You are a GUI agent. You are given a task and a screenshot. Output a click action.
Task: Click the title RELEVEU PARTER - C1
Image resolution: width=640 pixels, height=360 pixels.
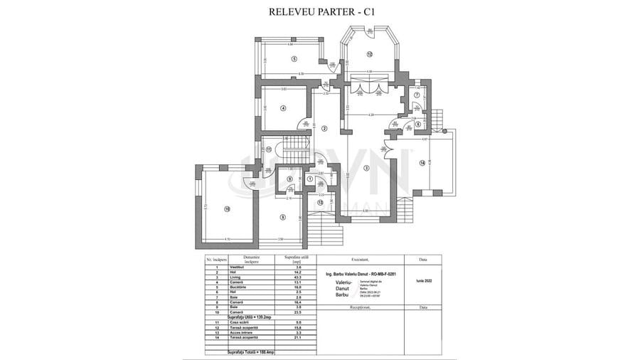pyautogui.click(x=320, y=12)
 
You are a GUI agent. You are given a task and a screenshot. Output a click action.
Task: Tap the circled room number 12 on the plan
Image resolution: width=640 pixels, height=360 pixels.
pyautogui.click(x=370, y=55)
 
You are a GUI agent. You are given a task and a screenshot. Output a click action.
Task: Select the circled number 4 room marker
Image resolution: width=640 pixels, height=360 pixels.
pyautogui.click(x=283, y=108)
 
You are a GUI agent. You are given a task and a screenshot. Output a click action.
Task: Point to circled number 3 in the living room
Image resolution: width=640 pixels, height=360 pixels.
pyautogui.click(x=366, y=168)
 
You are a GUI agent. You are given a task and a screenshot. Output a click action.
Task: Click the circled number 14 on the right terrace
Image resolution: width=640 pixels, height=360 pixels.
pyautogui.click(x=422, y=164)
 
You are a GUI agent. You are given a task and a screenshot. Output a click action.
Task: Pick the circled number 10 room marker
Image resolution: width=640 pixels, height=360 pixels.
pyautogui.click(x=228, y=209)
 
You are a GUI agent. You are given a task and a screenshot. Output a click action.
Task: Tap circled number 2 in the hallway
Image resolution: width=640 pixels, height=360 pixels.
pyautogui.click(x=324, y=129)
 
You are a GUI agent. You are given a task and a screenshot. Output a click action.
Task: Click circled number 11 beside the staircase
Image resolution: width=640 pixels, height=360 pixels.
pyautogui.click(x=269, y=149)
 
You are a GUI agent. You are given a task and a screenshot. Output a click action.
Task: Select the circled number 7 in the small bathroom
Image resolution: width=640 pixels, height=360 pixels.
pyautogui.click(x=417, y=95)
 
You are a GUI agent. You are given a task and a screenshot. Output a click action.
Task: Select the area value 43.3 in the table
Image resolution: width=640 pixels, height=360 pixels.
pyautogui.click(x=294, y=276)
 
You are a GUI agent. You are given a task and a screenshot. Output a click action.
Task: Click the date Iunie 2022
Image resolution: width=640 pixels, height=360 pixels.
pyautogui.click(x=423, y=281)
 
